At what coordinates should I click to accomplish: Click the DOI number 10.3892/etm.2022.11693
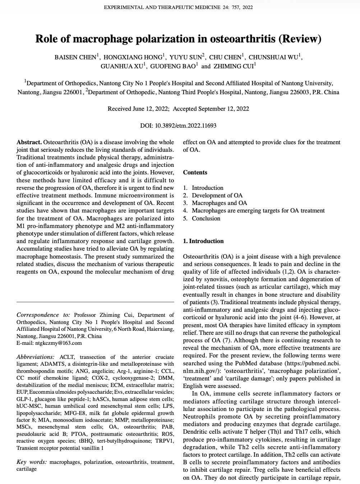[x=185, y=126]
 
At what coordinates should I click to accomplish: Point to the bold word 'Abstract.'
[x=29, y=142]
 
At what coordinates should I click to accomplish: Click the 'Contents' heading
[x=195, y=172]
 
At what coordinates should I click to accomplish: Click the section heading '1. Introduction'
[x=203, y=241]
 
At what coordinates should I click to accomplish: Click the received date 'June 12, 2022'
[x=151, y=109]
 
